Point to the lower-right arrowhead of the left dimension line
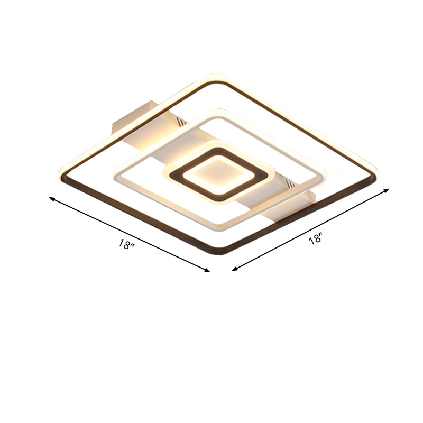tap(208, 270)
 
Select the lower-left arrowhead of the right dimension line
tap(234, 269)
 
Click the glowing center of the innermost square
tap(217, 171)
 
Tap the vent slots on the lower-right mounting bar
tap(290, 185)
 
